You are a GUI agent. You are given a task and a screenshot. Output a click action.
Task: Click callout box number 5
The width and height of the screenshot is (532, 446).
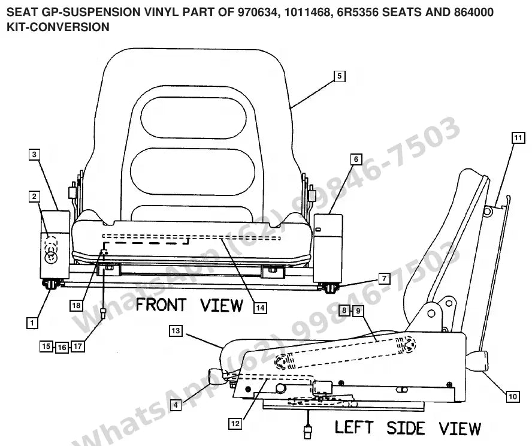pyautogui.click(x=339, y=76)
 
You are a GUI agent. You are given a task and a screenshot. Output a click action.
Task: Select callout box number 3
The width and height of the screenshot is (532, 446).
pyautogui.click(x=34, y=155)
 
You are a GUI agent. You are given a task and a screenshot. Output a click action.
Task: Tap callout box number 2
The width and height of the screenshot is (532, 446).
pyautogui.click(x=34, y=196)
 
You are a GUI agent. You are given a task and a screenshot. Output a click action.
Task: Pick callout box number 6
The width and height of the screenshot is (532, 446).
pyautogui.click(x=356, y=159)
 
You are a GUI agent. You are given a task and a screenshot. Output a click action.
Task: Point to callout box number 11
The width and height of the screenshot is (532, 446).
pyautogui.click(x=518, y=137)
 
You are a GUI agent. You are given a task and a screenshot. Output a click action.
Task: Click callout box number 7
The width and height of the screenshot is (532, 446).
pyautogui.click(x=384, y=279)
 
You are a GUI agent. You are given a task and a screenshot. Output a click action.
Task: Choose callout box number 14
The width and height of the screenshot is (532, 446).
pyautogui.click(x=260, y=308)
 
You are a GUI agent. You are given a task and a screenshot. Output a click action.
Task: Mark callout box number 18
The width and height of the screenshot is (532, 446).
pyautogui.click(x=76, y=306)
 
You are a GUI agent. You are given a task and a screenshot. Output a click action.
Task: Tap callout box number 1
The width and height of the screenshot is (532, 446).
pyautogui.click(x=32, y=323)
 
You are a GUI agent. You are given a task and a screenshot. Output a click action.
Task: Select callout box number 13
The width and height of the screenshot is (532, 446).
pyautogui.click(x=176, y=330)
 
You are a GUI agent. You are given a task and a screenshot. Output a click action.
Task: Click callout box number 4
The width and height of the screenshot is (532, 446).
pyautogui.click(x=176, y=405)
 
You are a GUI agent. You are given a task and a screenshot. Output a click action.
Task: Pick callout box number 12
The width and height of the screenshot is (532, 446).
pyautogui.click(x=235, y=424)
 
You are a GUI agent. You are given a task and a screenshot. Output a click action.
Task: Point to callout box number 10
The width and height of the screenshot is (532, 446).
pyautogui.click(x=513, y=396)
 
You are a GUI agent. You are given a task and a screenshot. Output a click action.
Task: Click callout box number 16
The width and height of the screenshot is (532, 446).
pyautogui.click(x=62, y=347)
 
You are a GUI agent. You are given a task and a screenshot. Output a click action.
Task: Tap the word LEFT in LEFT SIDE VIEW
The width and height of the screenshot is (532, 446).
pyautogui.click(x=354, y=427)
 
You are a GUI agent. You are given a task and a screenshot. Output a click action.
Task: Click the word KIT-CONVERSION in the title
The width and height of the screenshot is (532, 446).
pyautogui.click(x=58, y=27)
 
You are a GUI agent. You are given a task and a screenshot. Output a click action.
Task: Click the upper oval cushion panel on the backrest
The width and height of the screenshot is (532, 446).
pyautogui.click(x=194, y=117)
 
